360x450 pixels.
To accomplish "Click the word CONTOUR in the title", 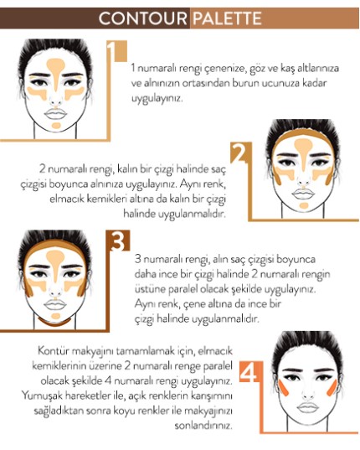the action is coord(142,18).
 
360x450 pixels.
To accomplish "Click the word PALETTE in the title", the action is coord(227,18).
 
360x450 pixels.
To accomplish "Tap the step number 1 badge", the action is coord(116,51).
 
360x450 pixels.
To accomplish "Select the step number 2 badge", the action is coord(241,153).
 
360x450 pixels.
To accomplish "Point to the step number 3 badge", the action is coord(118,241).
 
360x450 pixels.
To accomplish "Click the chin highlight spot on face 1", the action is coord(56,125).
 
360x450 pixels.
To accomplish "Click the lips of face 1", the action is coord(55,113).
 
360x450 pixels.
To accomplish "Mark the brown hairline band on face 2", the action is coord(303,134).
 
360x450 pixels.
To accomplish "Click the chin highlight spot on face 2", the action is coord(304,205).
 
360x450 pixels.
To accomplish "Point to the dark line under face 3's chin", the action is coord(54,322).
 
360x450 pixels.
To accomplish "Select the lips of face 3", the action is coord(55,304).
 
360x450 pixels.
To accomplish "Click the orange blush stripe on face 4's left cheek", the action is coord(285,388).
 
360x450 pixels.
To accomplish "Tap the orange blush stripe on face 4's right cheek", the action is coord(332,388).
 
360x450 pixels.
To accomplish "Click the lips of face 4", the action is coord(308,407).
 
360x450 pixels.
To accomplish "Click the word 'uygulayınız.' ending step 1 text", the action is coord(157,99).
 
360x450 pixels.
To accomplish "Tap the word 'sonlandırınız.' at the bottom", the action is coord(203,425).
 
